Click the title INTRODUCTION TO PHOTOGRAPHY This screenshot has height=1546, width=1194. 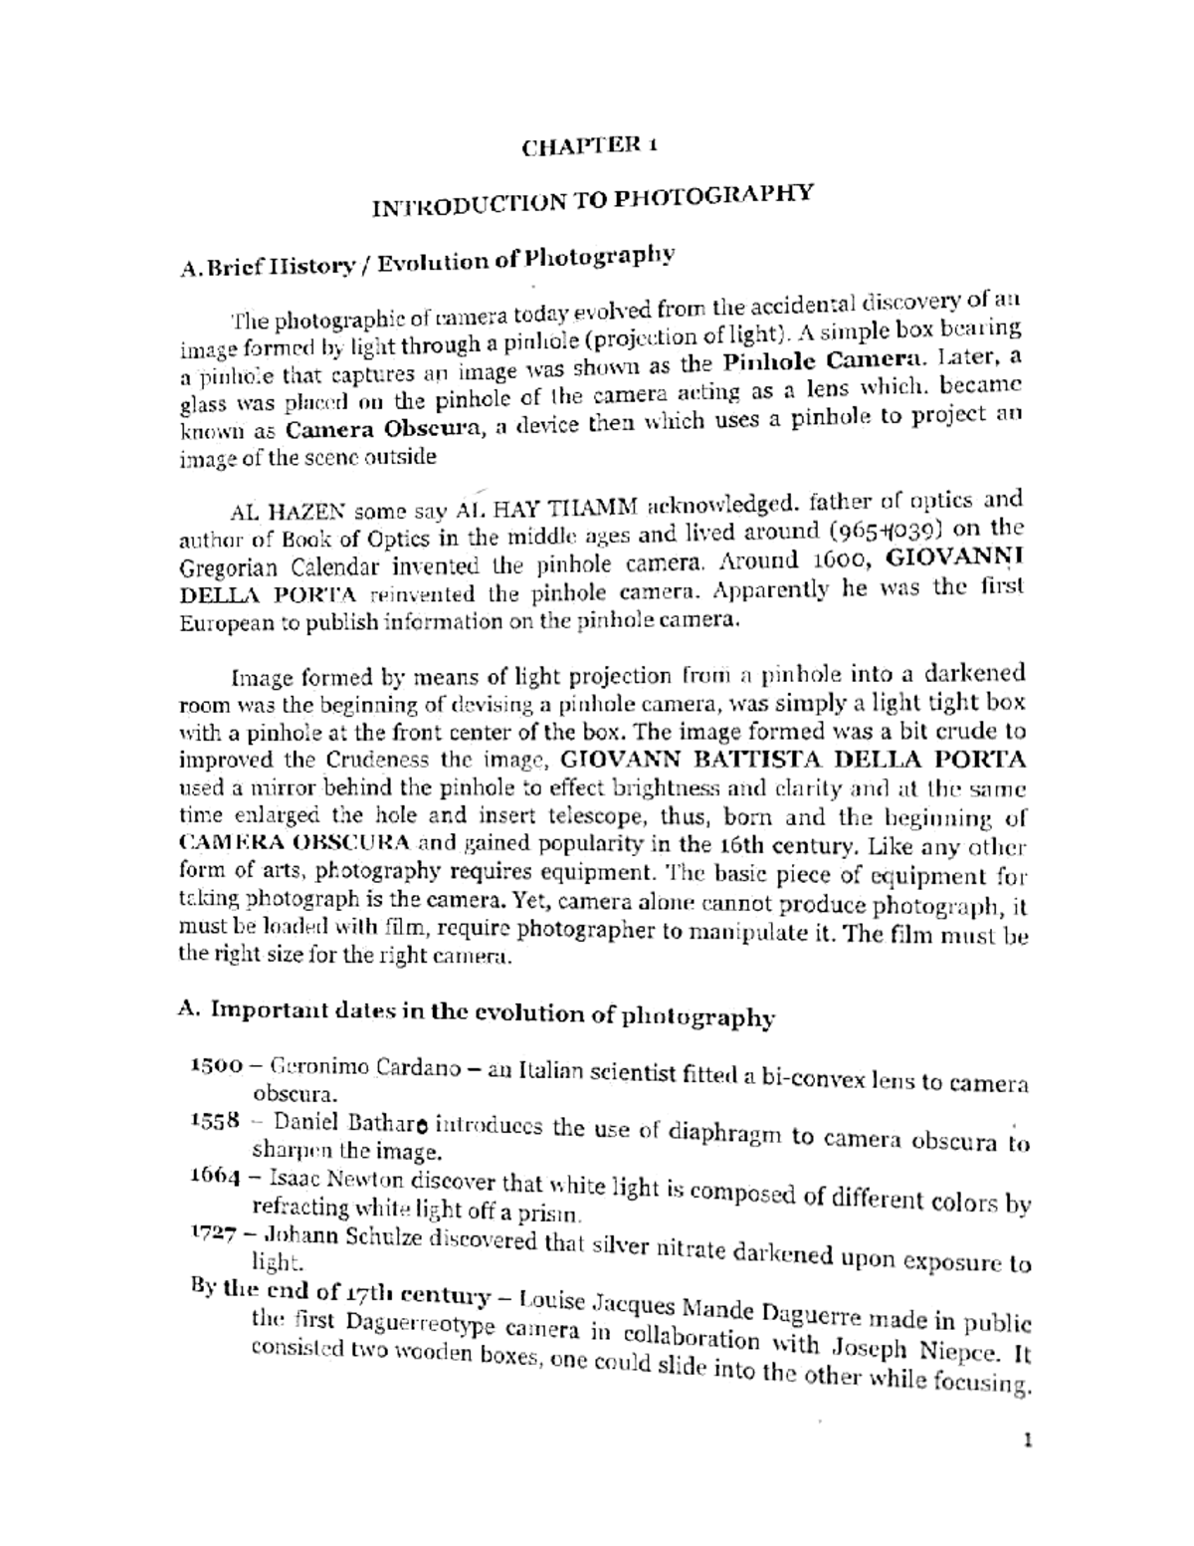tap(593, 198)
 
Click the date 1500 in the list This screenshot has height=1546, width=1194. tap(216, 1064)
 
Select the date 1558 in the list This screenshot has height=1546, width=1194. tap(214, 1119)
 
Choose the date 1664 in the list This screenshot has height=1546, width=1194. tap(214, 1175)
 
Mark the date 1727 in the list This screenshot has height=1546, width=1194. tap(213, 1232)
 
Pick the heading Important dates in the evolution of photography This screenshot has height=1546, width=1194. tap(475, 1012)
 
